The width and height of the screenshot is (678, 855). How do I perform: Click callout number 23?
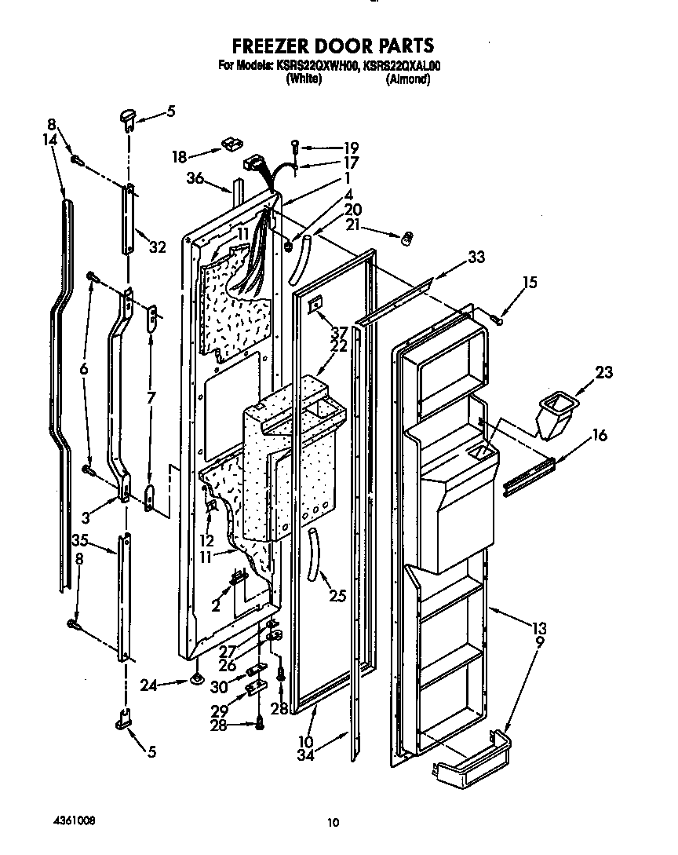point(605,372)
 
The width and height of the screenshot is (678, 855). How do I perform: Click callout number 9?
point(539,641)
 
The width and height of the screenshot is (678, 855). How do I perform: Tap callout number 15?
point(530,282)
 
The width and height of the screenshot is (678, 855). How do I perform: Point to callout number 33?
point(476,256)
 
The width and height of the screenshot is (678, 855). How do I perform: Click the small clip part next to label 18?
point(230,144)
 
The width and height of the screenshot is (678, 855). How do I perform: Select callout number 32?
point(158,247)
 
